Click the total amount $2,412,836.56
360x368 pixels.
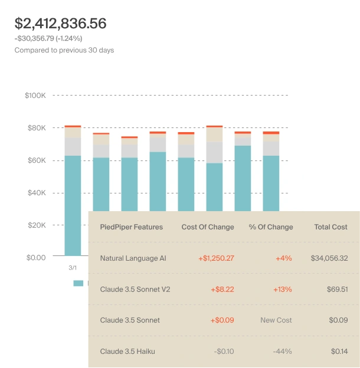pos(60,24)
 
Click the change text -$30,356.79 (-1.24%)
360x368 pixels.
pos(48,38)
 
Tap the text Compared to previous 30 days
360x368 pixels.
pos(64,50)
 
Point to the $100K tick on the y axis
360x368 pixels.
pos(35,95)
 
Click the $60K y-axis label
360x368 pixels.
pos(36,160)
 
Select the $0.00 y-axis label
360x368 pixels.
pos(35,258)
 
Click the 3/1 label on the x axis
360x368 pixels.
pos(73,267)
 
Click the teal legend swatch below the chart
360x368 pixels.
pos(78,284)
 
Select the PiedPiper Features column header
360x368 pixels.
pos(132,227)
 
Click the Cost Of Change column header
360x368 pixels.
pos(208,227)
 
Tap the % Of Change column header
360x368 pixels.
pos(271,227)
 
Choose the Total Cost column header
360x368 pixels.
pos(330,227)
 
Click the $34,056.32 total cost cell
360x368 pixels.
pos(329,258)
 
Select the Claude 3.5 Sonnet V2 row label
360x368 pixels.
pos(135,290)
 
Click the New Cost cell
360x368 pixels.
pos(276,320)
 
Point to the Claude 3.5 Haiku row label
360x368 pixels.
pos(127,351)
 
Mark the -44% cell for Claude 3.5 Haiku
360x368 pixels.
pos(282,351)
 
